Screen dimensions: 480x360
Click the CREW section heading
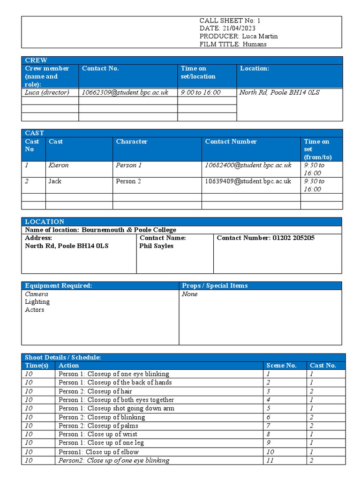click(36, 60)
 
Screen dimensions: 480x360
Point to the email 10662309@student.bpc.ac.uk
click(125, 92)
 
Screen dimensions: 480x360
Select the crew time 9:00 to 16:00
click(201, 92)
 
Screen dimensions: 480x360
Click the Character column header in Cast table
click(132, 142)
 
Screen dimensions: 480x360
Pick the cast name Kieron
click(58, 165)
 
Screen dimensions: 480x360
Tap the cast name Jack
click(55, 181)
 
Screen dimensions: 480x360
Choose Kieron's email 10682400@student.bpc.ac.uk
click(248, 165)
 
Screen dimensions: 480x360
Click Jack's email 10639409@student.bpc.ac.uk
click(248, 181)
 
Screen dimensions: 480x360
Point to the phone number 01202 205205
click(293, 238)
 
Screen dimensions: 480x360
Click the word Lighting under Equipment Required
click(37, 302)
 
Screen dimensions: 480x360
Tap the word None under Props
click(190, 294)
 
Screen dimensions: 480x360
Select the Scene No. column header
click(281, 366)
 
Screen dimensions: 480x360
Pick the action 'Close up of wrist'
click(112, 434)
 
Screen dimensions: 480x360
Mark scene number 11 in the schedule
click(270, 460)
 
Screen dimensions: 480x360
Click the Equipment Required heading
click(59, 285)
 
